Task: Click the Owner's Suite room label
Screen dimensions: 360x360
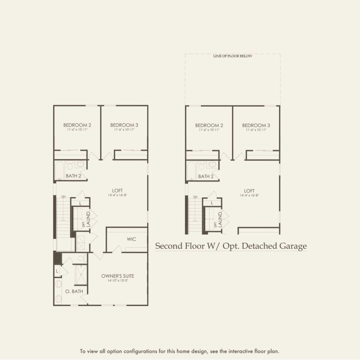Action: pos(115,276)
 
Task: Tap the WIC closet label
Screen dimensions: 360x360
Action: pos(131,239)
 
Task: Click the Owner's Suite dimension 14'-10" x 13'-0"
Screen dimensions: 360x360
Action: pos(115,281)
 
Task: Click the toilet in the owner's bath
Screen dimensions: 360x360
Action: pos(81,258)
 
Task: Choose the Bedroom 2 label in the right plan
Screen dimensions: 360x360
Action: pos(209,125)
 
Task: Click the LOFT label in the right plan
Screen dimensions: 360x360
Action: pos(249,191)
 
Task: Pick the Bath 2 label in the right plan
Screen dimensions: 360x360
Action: pos(206,176)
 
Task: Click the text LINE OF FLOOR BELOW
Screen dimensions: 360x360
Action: pos(232,56)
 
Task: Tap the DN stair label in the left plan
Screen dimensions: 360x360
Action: pos(63,197)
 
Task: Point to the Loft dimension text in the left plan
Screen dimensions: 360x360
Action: pos(117,195)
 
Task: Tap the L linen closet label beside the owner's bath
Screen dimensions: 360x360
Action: pos(57,271)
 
